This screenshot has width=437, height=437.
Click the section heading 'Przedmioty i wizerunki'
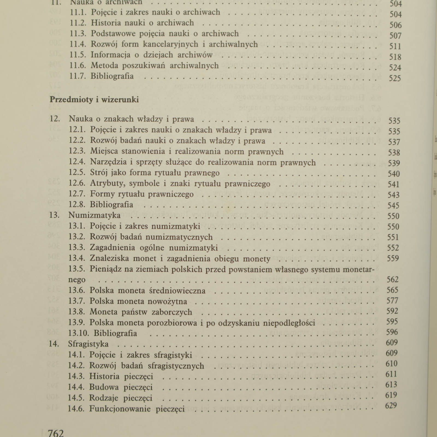pos(94,99)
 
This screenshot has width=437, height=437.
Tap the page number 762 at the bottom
pos(56,433)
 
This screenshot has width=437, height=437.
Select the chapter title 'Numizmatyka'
pos(94,215)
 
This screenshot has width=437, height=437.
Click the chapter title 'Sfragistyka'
pos(88,344)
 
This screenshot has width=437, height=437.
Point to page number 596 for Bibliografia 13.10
pos(392,332)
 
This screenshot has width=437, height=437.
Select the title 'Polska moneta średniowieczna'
pos(147,290)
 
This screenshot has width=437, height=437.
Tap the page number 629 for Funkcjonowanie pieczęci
pos(391,406)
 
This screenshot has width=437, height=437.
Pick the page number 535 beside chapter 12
pos(394,121)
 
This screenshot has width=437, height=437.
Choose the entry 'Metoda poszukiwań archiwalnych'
pos(155,66)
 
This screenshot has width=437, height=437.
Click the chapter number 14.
pos(54,344)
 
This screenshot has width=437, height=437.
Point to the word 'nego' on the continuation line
pos(77,280)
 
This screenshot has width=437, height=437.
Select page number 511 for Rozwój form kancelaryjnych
pos(395,46)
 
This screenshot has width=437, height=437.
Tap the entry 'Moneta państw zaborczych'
pos(141,312)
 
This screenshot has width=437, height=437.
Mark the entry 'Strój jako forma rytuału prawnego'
pos(155,173)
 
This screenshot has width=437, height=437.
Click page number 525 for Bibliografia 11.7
pos(395,78)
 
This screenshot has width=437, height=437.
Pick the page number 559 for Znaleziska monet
pos(393,258)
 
